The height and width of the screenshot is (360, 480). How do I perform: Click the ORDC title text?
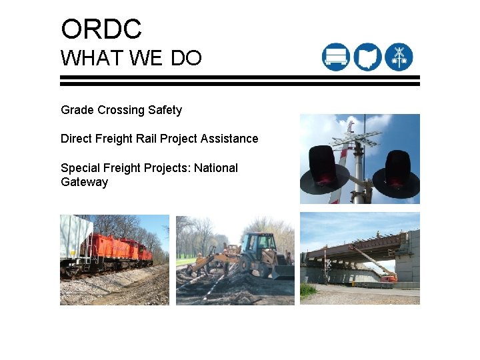101,29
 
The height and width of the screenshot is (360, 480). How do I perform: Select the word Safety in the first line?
165,110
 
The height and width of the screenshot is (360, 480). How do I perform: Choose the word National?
216,168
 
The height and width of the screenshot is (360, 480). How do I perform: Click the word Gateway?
84,182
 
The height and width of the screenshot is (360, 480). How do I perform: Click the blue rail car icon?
335,57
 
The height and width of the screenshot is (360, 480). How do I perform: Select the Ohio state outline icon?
367,57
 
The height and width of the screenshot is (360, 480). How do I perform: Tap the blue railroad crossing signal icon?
399,57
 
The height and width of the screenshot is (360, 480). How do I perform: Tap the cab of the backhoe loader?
259,243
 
